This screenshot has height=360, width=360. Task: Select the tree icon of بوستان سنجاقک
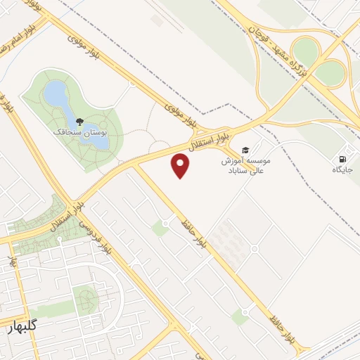[x=79, y=122]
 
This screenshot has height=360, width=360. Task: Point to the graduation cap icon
[x=245, y=149]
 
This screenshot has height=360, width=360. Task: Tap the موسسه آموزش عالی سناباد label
[x=246, y=165]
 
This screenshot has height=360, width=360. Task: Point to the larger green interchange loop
[x=306, y=50]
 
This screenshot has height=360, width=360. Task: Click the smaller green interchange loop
[x=330, y=72]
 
